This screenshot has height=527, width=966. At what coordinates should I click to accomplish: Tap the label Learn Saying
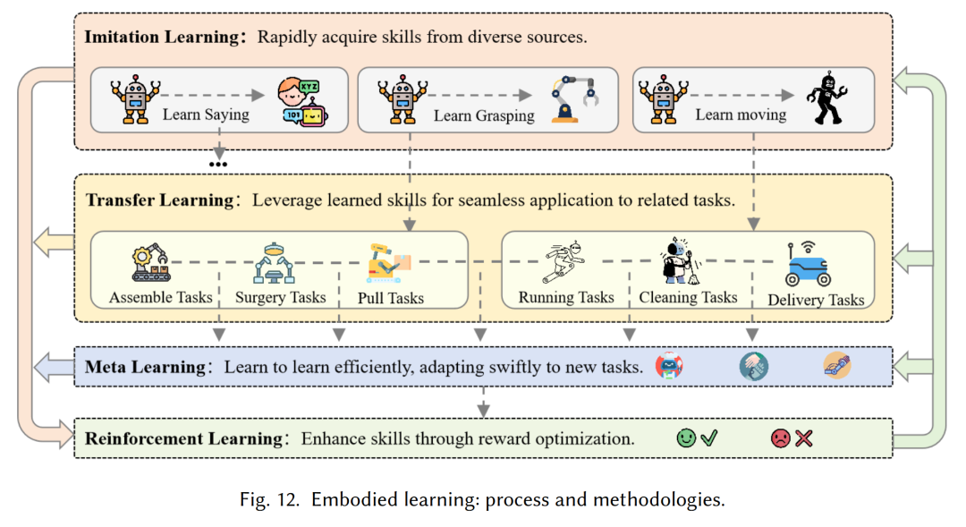pyautogui.click(x=206, y=115)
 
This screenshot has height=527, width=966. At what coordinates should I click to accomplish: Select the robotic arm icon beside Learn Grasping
pyautogui.click(x=574, y=98)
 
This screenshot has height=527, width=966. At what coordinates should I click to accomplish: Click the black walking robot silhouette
pyautogui.click(x=825, y=98)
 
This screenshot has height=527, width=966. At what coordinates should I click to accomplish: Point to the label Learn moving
pyautogui.click(x=741, y=115)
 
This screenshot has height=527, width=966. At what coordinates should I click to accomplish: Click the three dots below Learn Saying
pyautogui.click(x=217, y=164)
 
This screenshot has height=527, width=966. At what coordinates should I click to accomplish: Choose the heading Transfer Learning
pyautogui.click(x=159, y=200)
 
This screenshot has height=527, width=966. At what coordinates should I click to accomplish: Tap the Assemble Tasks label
pyautogui.click(x=161, y=297)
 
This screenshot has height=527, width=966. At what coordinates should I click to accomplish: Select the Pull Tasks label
pyautogui.click(x=391, y=298)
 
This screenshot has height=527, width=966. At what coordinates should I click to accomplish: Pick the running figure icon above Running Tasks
pyautogui.click(x=565, y=262)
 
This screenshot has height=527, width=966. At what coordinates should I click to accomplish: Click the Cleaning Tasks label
pyautogui.click(x=688, y=297)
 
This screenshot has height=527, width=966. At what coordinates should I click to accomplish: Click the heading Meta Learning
pyautogui.click(x=145, y=367)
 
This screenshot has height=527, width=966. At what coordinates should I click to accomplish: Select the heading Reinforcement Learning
pyautogui.click(x=183, y=439)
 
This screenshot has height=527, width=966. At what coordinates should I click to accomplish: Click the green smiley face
pyautogui.click(x=686, y=438)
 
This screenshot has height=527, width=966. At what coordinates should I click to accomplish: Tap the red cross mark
pyautogui.click(x=804, y=438)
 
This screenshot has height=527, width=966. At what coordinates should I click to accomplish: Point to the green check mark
pyautogui.click(x=709, y=438)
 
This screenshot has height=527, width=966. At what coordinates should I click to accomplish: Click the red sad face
pyautogui.click(x=781, y=438)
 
